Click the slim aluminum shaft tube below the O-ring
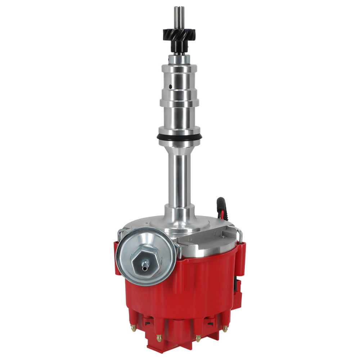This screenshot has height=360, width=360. pyautogui.click(x=179, y=173)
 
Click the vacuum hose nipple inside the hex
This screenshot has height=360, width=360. pyautogui.click(x=145, y=267)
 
